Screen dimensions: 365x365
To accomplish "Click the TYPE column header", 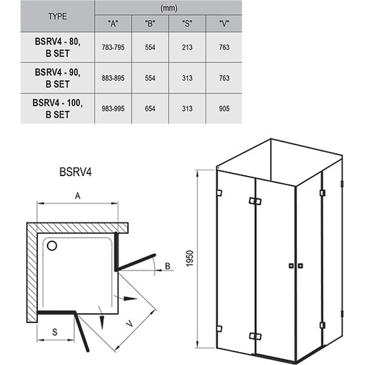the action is (x=58, y=17).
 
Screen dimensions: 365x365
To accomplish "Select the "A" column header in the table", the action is (x=113, y=23).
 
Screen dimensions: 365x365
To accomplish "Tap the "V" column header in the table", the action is (x=224, y=23).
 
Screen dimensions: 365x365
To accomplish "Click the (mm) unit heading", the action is (x=168, y=8).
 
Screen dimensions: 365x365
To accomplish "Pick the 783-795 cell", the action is (x=113, y=47).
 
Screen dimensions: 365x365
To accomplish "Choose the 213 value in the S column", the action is (x=187, y=47).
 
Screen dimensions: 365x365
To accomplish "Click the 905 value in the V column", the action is (x=224, y=108).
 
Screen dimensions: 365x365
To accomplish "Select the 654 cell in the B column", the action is (x=150, y=108).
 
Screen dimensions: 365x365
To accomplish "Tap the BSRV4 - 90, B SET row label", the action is (x=58, y=78).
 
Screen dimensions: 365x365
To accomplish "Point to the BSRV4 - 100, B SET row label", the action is (x=58, y=108).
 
